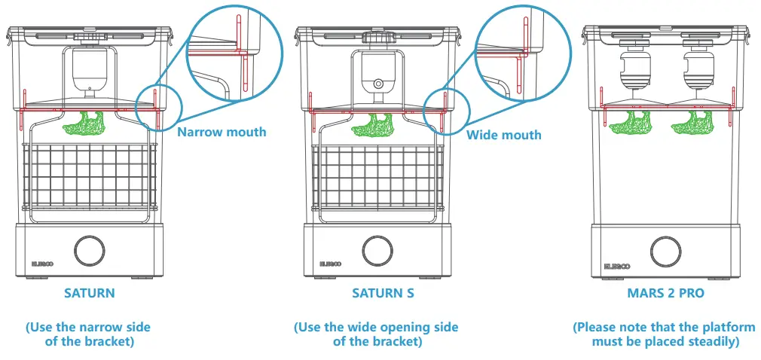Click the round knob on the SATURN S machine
(x=377, y=250)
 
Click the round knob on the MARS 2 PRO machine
(x=665, y=250)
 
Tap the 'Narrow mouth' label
(x=222, y=132)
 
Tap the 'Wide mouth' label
(x=503, y=135)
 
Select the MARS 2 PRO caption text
(x=665, y=293)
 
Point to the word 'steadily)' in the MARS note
(x=705, y=341)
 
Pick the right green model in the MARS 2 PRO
(x=697, y=122)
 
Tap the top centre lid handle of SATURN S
(x=377, y=36)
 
